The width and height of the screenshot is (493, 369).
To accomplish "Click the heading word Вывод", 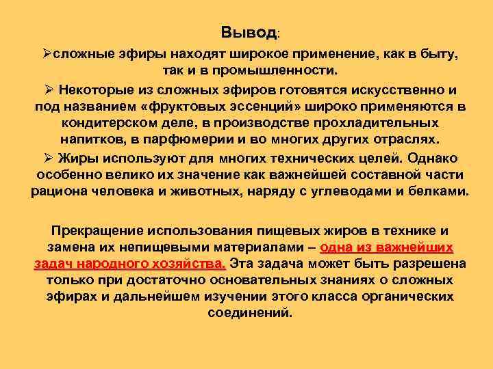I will [249, 33].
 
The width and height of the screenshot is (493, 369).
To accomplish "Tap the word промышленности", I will [280, 70].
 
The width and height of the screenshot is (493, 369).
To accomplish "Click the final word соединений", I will [249, 314].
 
